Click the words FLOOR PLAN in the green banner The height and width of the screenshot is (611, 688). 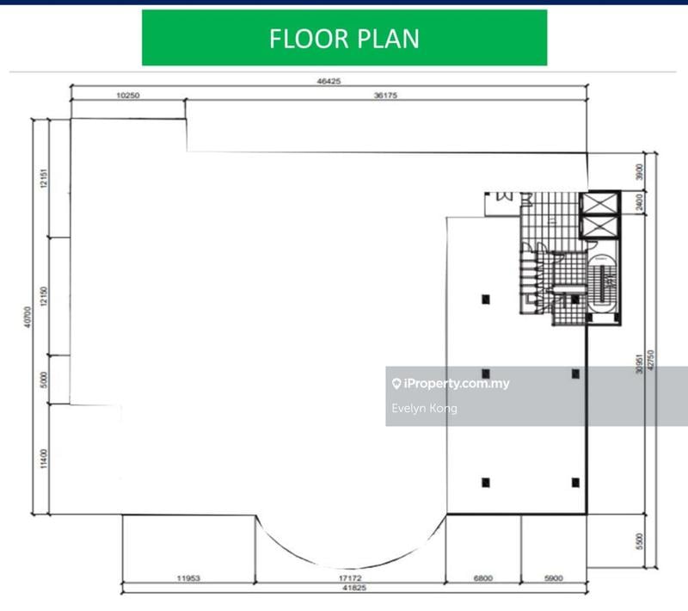coord(344,39)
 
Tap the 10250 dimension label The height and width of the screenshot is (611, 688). coord(127,96)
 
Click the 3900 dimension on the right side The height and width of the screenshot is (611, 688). coord(637,171)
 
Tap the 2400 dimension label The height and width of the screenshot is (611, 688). coord(637,202)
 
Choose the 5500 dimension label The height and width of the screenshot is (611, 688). coord(638,541)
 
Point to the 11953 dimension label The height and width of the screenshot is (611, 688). coord(188,579)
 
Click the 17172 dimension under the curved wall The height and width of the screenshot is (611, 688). coord(350,579)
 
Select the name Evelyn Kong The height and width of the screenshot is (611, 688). coord(424,408)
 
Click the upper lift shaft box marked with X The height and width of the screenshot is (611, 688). coord(599,204)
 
